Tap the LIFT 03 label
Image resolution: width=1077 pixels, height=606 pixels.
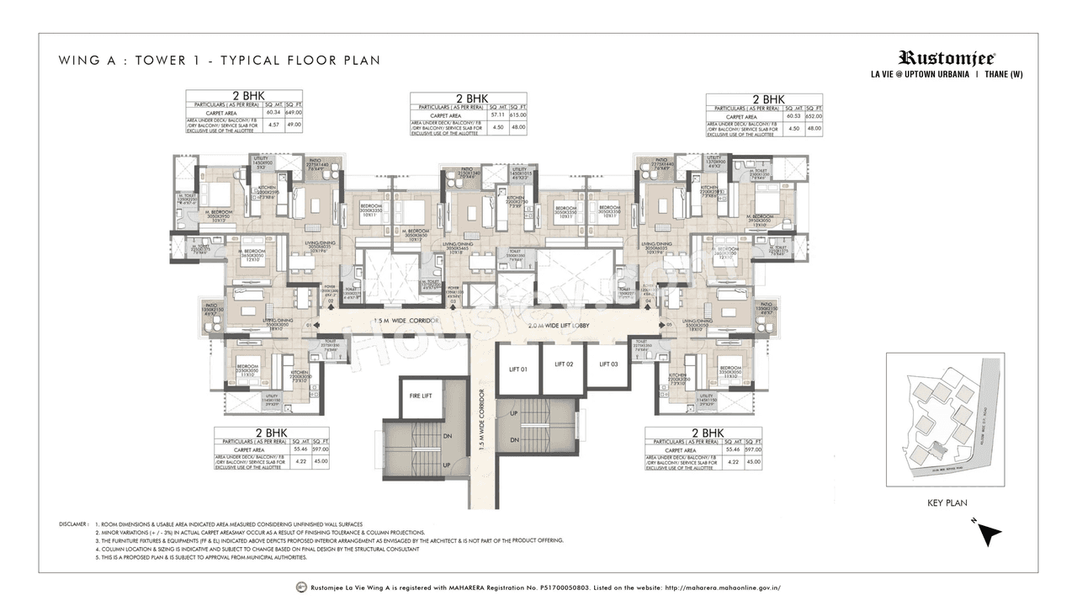coord(608,364)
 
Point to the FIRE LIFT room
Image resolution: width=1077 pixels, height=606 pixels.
coord(421,396)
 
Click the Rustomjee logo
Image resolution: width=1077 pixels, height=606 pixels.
coord(947,58)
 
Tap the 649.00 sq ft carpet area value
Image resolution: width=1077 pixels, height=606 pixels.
coord(293,112)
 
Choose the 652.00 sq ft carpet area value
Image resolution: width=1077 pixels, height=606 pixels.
coord(814,117)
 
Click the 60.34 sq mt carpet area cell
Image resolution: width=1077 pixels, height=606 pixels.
coord(273,112)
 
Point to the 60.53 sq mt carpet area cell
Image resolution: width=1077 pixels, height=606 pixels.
coord(793,117)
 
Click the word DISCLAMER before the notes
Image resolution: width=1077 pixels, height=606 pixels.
coord(74,524)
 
